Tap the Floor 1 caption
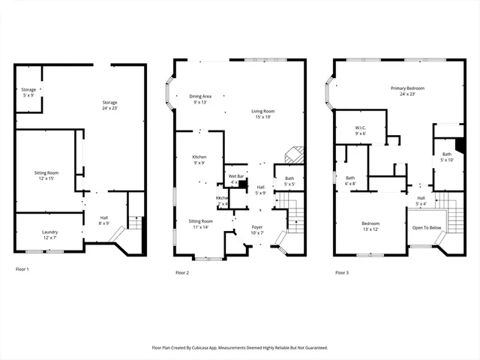tap(22, 268)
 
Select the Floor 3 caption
tap(341, 272)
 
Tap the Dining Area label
tap(199, 98)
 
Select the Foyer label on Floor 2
tap(257, 229)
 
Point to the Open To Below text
tap(426, 227)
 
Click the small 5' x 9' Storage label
tap(28, 92)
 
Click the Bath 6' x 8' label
tap(350, 181)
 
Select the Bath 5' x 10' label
tap(446, 157)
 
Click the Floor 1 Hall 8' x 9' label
tap(104, 220)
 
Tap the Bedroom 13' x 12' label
tap(370, 226)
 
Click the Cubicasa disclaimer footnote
tap(240, 347)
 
